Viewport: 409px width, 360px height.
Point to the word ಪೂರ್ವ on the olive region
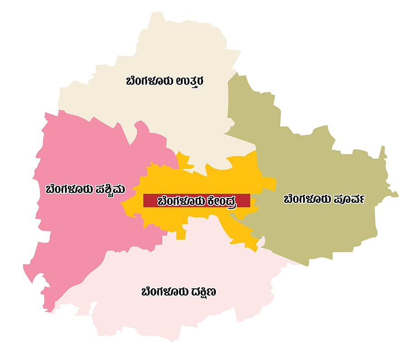(348, 199)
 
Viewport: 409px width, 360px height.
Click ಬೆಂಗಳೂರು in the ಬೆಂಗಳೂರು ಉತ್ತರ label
(148, 82)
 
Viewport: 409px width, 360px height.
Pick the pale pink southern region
(182, 318)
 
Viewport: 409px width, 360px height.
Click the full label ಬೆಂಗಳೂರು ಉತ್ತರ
(165, 82)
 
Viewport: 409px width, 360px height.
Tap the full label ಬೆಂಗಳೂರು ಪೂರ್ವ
(324, 199)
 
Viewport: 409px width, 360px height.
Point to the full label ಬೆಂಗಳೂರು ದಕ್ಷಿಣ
(179, 292)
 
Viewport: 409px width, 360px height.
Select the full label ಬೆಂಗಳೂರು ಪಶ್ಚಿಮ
(85, 189)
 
